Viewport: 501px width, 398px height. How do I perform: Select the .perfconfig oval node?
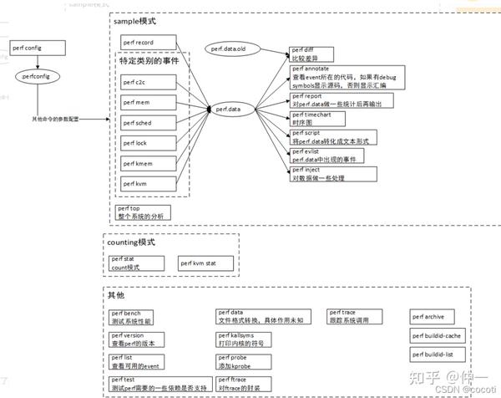pos(34,76)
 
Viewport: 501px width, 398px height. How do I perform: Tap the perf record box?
pos(147,42)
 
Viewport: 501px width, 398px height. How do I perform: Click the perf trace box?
pos(357,317)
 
